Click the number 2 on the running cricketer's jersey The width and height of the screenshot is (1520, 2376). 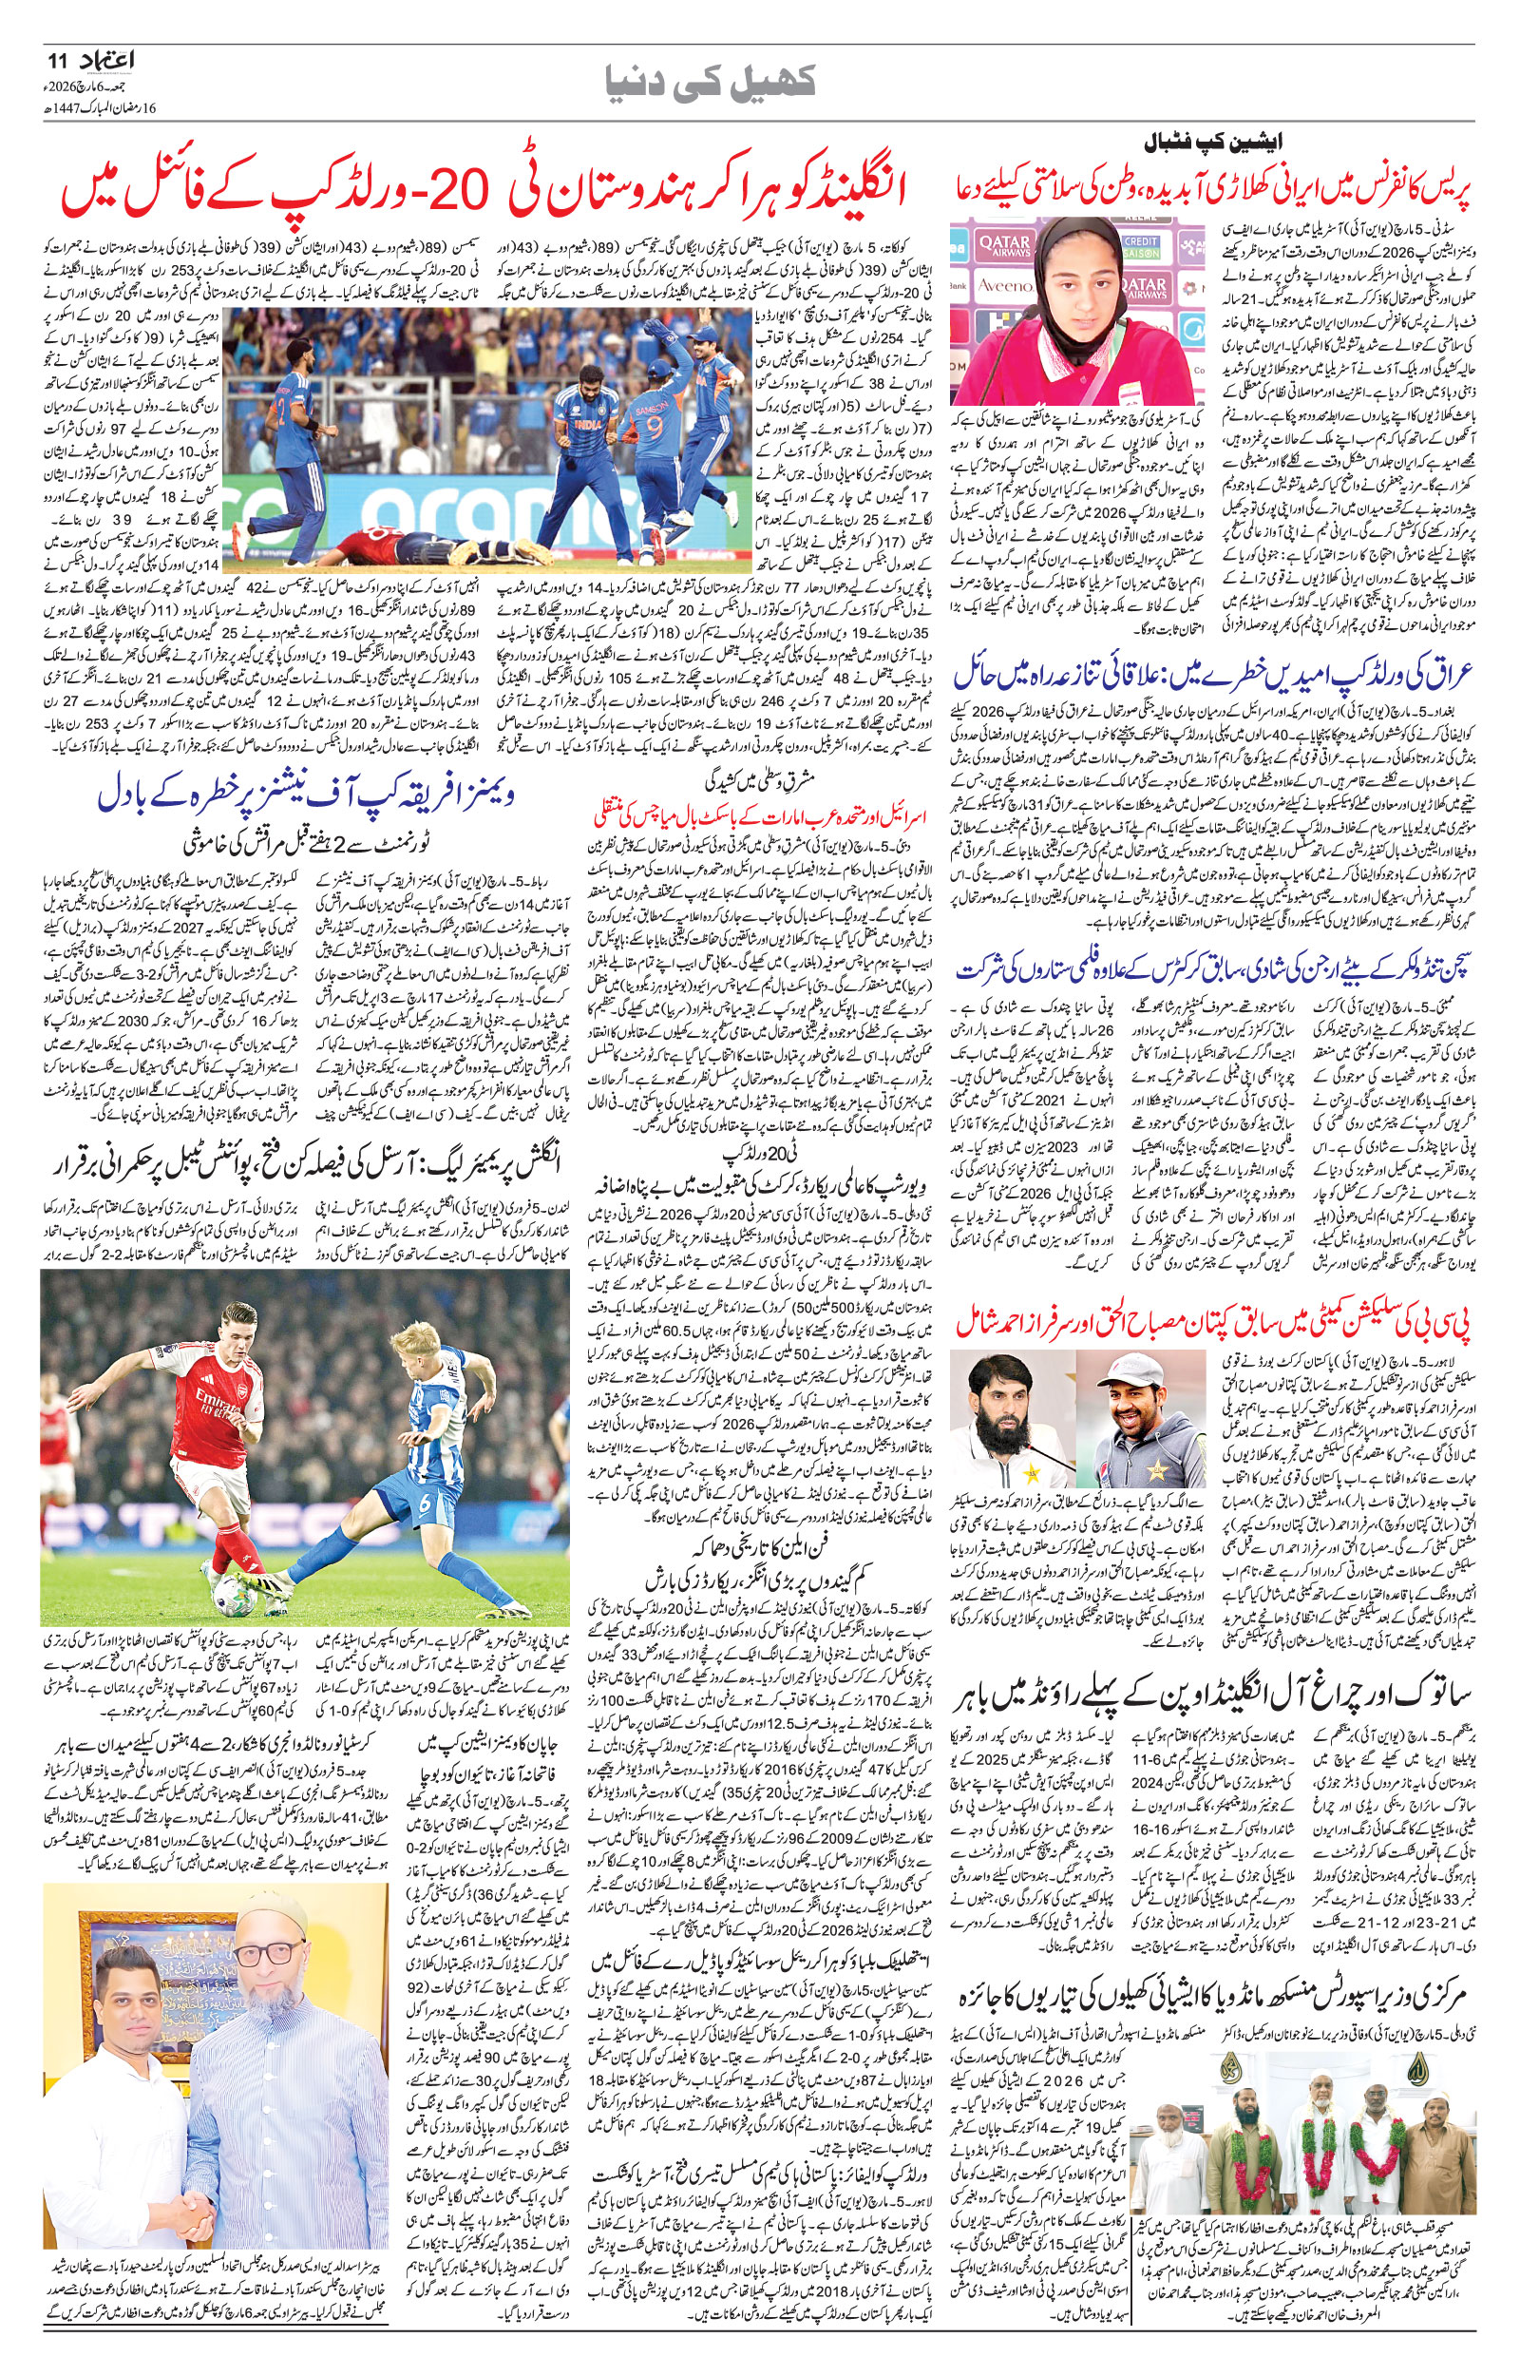[x=283, y=411]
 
